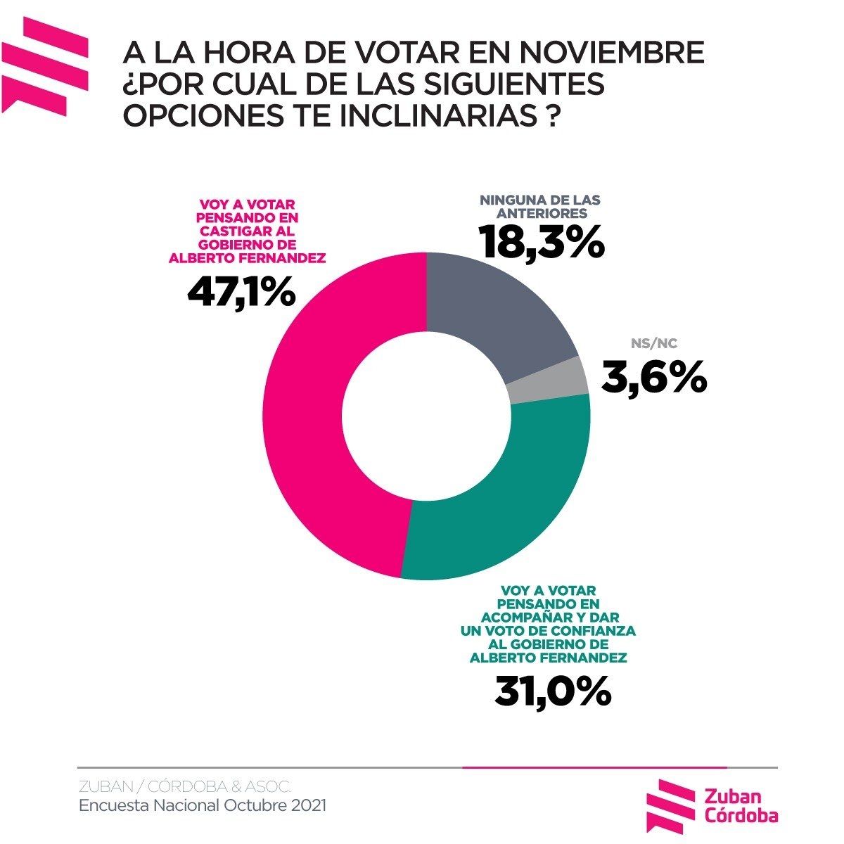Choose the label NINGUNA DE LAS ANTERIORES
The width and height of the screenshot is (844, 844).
tap(540, 206)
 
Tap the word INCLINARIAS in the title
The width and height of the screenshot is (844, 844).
tap(436, 115)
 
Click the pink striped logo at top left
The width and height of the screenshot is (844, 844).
tap(44, 65)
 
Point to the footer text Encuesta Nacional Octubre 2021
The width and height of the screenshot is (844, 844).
tap(203, 805)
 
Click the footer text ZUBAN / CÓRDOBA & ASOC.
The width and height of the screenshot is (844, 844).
tap(184, 786)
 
